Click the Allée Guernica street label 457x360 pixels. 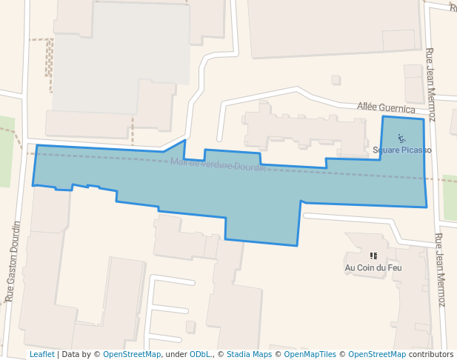click(386, 108)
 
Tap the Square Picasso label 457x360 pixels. click(402, 150)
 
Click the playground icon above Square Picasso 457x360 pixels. click(401, 138)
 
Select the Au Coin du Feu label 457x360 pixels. click(373, 267)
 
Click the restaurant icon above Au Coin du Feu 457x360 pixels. click(373, 256)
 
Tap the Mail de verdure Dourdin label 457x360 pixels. click(218, 164)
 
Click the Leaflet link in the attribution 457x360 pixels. click(41, 354)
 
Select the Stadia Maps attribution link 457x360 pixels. click(249, 354)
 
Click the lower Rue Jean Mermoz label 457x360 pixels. click(440, 270)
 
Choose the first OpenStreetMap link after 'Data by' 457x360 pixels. click(132, 354)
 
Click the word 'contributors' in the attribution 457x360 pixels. click(431, 354)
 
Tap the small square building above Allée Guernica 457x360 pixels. click(336, 80)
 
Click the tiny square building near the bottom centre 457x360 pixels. click(190, 327)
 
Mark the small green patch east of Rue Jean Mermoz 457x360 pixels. click(450, 198)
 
